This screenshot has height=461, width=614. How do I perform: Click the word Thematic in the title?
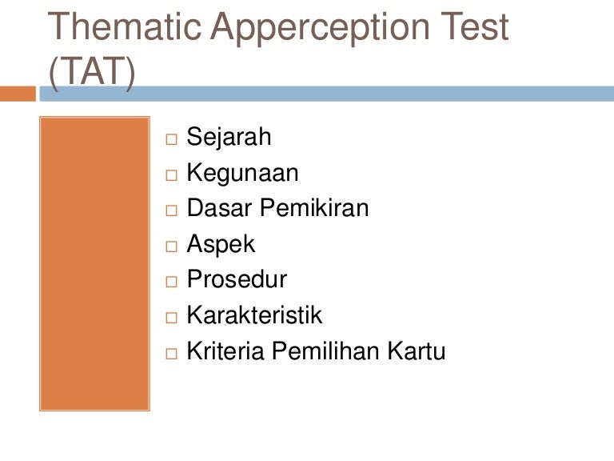(x=124, y=26)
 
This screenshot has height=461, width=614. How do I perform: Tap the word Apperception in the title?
(x=321, y=29)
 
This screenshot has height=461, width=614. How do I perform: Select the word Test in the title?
(x=474, y=26)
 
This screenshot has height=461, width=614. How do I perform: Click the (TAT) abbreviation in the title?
(x=93, y=72)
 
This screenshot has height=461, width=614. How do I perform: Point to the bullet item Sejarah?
(x=229, y=137)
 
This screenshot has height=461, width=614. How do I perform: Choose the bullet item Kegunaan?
(x=242, y=173)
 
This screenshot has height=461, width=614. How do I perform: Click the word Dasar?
(x=218, y=208)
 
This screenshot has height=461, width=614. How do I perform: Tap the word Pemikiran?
(x=314, y=208)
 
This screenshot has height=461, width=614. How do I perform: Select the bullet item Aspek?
(x=221, y=245)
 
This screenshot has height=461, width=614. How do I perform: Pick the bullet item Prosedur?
(x=237, y=279)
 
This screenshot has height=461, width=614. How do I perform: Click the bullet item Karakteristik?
(x=254, y=315)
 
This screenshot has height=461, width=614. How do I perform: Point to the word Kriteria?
(x=225, y=351)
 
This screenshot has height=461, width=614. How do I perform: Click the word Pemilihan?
(x=325, y=351)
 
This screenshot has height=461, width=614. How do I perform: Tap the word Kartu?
(x=417, y=351)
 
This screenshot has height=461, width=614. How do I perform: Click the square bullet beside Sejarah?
(x=172, y=139)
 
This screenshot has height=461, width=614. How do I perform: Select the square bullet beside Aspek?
(x=172, y=247)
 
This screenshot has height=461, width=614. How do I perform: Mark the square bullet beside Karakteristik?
(x=172, y=318)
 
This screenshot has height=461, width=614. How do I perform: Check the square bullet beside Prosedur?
(x=172, y=282)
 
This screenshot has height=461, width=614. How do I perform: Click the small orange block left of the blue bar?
(x=18, y=94)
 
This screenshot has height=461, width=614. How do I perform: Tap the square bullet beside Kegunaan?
(x=172, y=175)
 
